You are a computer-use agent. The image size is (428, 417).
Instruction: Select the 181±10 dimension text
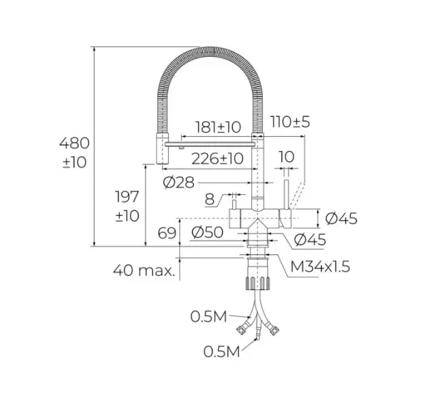coord(218,126)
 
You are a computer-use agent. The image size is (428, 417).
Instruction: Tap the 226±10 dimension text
coord(218,159)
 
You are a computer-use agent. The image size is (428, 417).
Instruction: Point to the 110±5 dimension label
coord(290,122)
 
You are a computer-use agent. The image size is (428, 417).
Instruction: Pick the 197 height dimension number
coord(128,198)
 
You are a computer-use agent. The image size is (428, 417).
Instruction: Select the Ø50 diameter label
coord(208,232)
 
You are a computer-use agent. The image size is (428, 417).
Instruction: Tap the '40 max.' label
coord(144,270)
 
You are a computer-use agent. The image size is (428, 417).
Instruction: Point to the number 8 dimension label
coord(209,199)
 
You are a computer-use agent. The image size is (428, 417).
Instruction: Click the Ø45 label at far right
coord(341,219)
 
